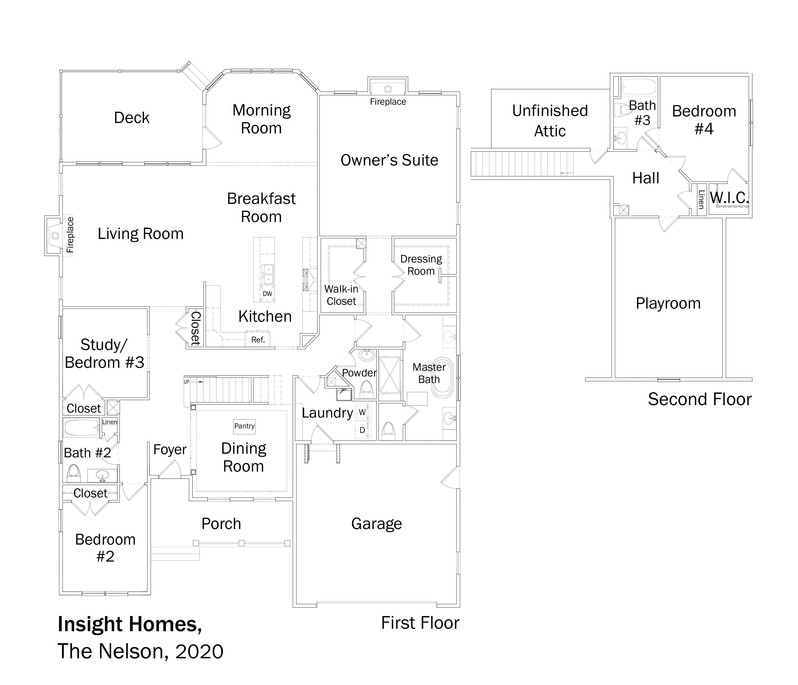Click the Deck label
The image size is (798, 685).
coord(132,118)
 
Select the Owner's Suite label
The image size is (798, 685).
coord(389,160)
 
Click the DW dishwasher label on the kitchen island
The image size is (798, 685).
coord(267,294)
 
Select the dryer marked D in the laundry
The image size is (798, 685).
coord(362,430)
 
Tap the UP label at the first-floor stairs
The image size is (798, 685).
coord(186,382)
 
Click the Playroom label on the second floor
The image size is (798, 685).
coord(668,303)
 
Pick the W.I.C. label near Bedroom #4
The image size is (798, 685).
coord(729,198)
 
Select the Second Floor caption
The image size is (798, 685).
coord(700,399)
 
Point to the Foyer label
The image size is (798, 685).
coord(170,450)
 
